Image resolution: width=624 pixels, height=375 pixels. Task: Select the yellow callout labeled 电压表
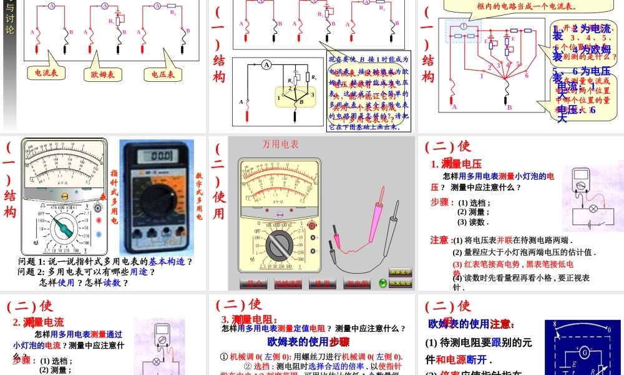point(163,74)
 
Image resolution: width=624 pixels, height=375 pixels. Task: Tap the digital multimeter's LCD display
point(157,156)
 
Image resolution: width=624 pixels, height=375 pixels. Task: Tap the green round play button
point(383,283)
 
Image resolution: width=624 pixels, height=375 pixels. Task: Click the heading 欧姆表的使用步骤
point(308,341)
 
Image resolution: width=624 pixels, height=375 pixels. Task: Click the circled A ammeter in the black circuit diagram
point(266,64)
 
